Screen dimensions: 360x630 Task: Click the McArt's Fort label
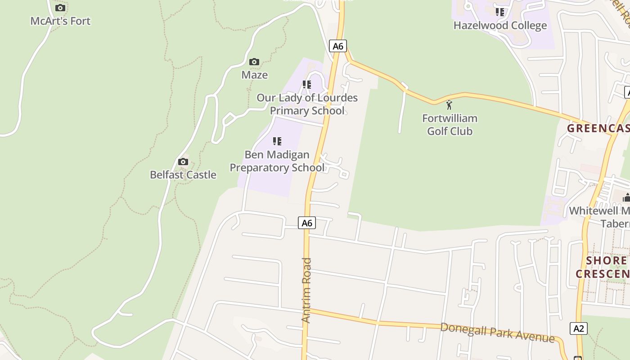point(60,21)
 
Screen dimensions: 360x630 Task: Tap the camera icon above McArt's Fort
point(60,8)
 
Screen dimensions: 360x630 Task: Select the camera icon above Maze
point(254,62)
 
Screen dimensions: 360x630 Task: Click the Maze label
point(255,75)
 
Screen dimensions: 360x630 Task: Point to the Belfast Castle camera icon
point(183,162)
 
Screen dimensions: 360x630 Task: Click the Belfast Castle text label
point(183,175)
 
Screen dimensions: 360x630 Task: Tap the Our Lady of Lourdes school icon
point(307,85)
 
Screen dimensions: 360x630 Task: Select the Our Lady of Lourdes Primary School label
point(307,104)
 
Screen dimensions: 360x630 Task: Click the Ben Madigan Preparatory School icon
point(277,141)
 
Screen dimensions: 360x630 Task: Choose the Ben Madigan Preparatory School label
point(277,161)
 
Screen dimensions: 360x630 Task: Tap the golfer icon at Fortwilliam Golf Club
point(449,105)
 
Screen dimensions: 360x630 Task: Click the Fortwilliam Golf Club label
point(450,125)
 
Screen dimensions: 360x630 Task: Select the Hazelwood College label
point(500,25)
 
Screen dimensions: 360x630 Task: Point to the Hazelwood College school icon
point(500,12)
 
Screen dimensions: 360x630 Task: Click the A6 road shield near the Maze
point(338,46)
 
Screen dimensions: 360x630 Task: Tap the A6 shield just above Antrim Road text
point(307,223)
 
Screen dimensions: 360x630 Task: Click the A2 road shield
point(579,328)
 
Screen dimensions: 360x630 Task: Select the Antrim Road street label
point(306,290)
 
